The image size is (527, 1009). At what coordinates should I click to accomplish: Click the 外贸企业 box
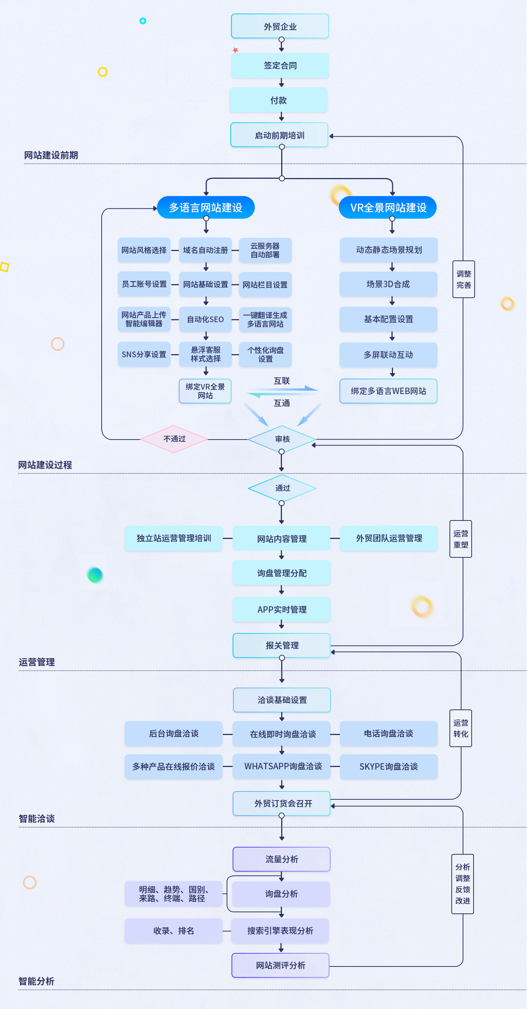coord(280,26)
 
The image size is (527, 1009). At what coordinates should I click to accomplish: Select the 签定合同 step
coord(280,65)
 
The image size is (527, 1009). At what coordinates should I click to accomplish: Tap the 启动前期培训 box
coord(279,135)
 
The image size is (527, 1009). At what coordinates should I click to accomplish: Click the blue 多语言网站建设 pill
coord(206,207)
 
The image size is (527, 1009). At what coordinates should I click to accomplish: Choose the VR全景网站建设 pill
coord(387,207)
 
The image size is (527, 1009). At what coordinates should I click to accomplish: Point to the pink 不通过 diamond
coord(174,439)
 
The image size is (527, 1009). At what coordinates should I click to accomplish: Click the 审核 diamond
coord(282,439)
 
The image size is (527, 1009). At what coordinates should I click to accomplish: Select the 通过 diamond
coord(282,488)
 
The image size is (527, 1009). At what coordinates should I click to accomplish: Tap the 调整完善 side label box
coord(463,279)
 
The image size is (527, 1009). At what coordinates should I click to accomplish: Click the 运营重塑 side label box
coord(460,539)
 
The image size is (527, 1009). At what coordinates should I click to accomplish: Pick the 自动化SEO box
coord(205,319)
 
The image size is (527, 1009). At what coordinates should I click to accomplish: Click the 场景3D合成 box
coord(388,284)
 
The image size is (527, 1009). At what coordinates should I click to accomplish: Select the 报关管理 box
coord(282,645)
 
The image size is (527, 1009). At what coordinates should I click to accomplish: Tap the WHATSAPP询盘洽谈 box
coord(282,766)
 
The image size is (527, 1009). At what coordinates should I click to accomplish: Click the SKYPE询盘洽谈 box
coord(388,767)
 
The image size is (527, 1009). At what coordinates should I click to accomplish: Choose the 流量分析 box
coord(281,859)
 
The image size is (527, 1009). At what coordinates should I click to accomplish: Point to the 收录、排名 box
coord(174,931)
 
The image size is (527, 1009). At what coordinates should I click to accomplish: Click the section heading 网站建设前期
coord(51,155)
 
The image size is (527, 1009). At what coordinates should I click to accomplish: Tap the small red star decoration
coord(235,50)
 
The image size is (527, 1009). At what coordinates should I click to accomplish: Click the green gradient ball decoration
coord(95,575)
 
